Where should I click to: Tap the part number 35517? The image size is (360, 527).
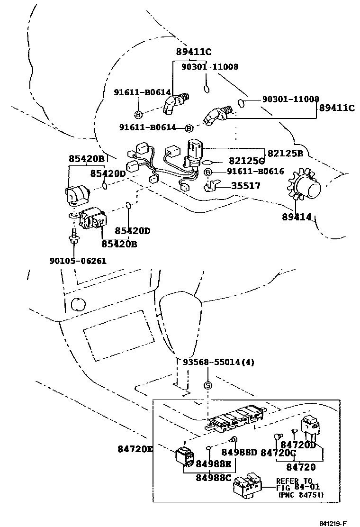pos(245,186)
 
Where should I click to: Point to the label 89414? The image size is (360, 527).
pos(297,217)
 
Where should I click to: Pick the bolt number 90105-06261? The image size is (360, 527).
pos(78,261)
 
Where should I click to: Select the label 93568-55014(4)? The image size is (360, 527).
pos(218,362)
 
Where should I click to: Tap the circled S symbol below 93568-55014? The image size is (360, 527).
pos(207,385)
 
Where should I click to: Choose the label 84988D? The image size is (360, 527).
pos(239,452)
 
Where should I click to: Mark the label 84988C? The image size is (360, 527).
pos(214,477)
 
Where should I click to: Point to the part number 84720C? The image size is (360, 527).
pos(278,453)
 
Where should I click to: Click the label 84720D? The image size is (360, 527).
pos(298,445)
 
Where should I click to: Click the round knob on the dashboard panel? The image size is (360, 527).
pos(76,304)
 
